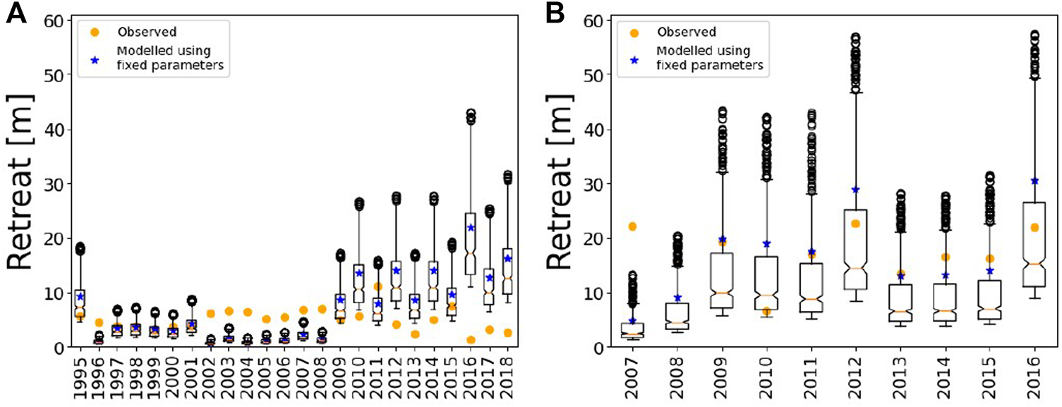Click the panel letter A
tap(17, 15)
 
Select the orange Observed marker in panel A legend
tap(95, 31)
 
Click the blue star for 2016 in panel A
tap(471, 228)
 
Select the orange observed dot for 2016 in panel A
tap(471, 340)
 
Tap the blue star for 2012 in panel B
tap(855, 190)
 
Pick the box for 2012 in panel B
tap(855, 249)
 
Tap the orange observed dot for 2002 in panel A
tap(210, 313)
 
